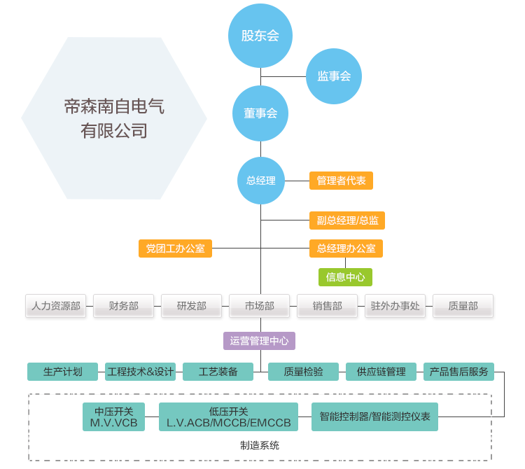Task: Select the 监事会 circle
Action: [x=334, y=76]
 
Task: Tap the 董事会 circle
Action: [x=260, y=113]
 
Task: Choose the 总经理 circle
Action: [x=260, y=181]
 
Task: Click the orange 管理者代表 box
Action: [x=341, y=181]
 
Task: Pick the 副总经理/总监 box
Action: [x=346, y=220]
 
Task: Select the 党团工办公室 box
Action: [x=175, y=248]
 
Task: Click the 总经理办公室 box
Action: [x=346, y=248]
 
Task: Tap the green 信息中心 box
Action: [x=345, y=276]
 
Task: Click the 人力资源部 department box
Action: [x=55, y=306]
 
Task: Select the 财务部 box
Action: [x=123, y=306]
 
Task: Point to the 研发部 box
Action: [x=191, y=306]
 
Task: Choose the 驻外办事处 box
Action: [x=395, y=306]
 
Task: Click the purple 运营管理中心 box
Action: [x=259, y=341]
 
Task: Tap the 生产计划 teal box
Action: [x=63, y=372]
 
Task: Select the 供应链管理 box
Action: [x=381, y=372]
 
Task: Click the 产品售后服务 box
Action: [x=458, y=372]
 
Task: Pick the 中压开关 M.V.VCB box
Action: [x=113, y=417]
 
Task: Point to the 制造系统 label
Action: [x=260, y=445]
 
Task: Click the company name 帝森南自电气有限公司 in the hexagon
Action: [x=114, y=118]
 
